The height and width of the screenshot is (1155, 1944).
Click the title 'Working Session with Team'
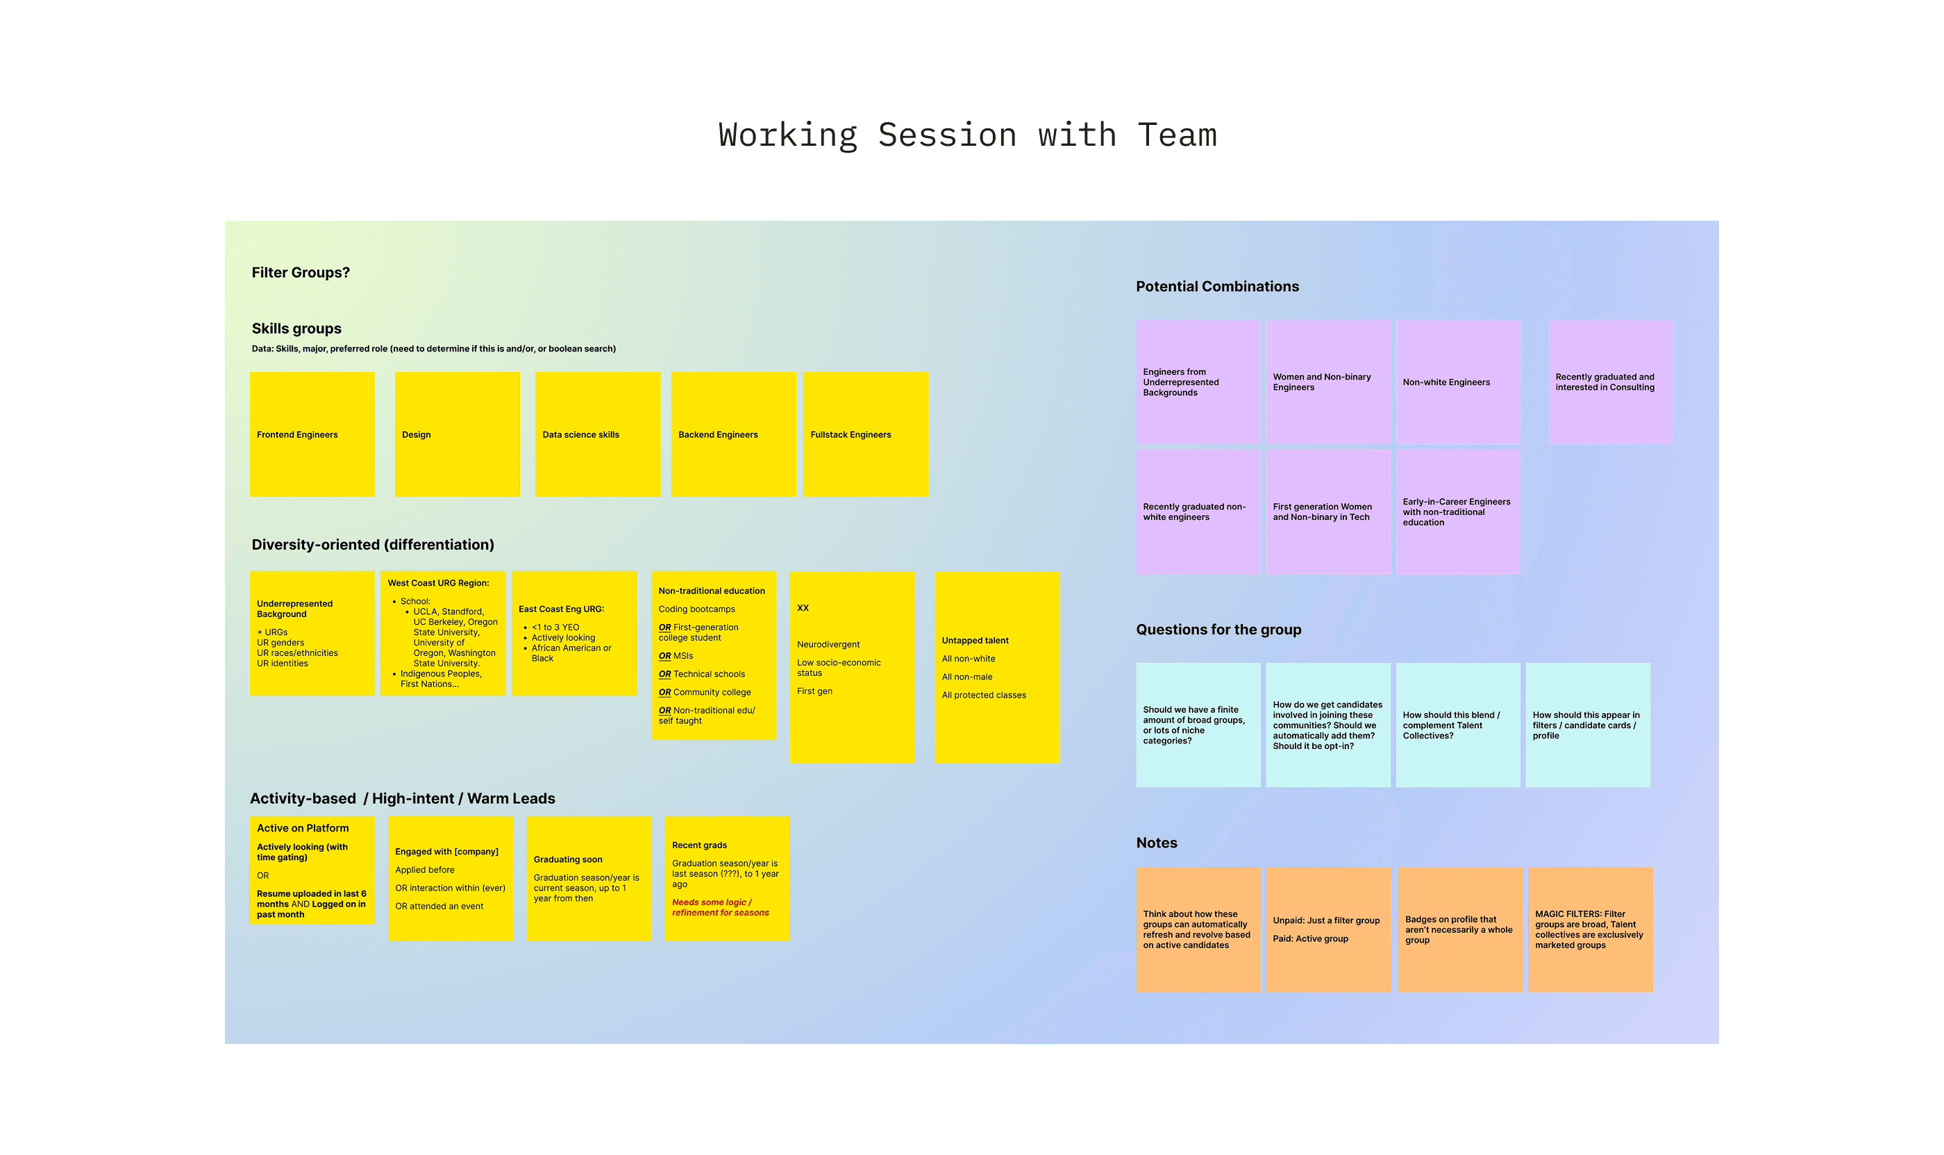point(967,135)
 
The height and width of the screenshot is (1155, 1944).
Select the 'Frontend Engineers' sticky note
point(312,435)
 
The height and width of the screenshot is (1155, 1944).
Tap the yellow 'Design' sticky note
point(457,435)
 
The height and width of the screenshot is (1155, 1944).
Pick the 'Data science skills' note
point(597,435)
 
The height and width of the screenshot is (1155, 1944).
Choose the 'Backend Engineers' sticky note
point(733,435)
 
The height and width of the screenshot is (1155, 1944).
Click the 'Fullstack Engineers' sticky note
point(865,435)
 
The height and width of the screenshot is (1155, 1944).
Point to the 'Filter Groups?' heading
point(301,272)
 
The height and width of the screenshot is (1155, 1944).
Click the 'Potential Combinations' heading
point(1217,287)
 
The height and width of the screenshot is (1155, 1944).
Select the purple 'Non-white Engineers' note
point(1457,382)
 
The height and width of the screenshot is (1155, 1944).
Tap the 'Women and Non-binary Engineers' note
point(1327,382)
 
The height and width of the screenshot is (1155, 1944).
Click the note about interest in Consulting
point(1610,382)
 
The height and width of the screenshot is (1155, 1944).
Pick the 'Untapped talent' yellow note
point(996,668)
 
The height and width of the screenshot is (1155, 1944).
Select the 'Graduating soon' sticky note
point(589,879)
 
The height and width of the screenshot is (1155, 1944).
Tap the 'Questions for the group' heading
point(1218,630)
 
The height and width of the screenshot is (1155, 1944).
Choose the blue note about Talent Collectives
point(1457,725)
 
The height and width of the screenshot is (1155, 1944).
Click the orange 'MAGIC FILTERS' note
point(1590,929)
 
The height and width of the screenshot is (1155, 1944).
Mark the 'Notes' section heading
point(1156,843)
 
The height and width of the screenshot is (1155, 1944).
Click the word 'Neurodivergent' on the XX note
point(828,644)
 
